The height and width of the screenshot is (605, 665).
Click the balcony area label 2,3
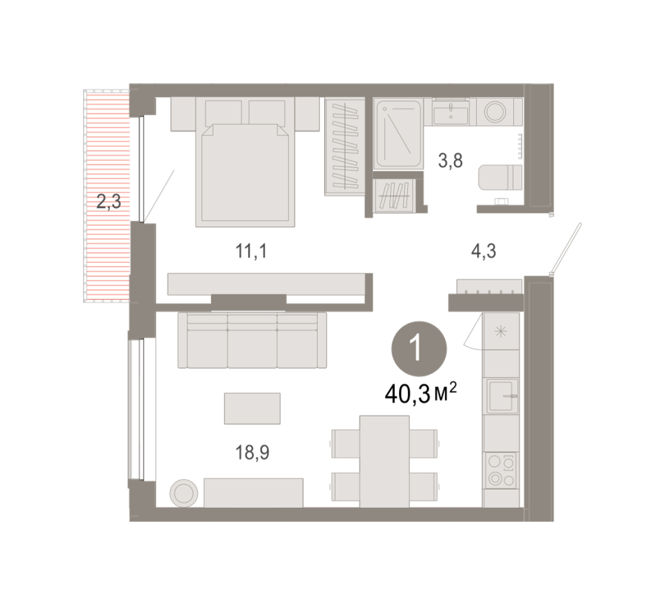coord(108,202)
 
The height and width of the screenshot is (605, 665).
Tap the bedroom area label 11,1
coord(251,251)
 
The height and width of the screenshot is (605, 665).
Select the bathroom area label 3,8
coord(451,161)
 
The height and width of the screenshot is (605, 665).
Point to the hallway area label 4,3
coord(483,251)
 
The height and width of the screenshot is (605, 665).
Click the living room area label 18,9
coord(252,452)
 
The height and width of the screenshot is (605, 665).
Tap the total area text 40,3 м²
coord(420,394)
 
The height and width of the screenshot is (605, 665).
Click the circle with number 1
coord(419,349)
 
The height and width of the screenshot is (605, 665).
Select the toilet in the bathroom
coord(500,177)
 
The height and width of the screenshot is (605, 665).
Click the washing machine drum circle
coord(495,112)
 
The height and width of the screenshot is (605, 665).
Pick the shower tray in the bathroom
coord(398,134)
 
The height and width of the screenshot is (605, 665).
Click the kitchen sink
coord(502,396)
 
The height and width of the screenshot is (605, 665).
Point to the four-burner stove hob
coord(501,470)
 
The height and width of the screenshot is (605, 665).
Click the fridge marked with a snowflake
coord(501,331)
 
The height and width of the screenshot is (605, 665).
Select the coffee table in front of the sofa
coord(252,408)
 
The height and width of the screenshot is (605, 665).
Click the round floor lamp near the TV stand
coord(183,493)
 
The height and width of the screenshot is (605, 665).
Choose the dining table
coord(385,461)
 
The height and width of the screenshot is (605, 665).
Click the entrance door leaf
coord(566,249)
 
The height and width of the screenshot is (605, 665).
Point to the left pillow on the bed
coord(224,113)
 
